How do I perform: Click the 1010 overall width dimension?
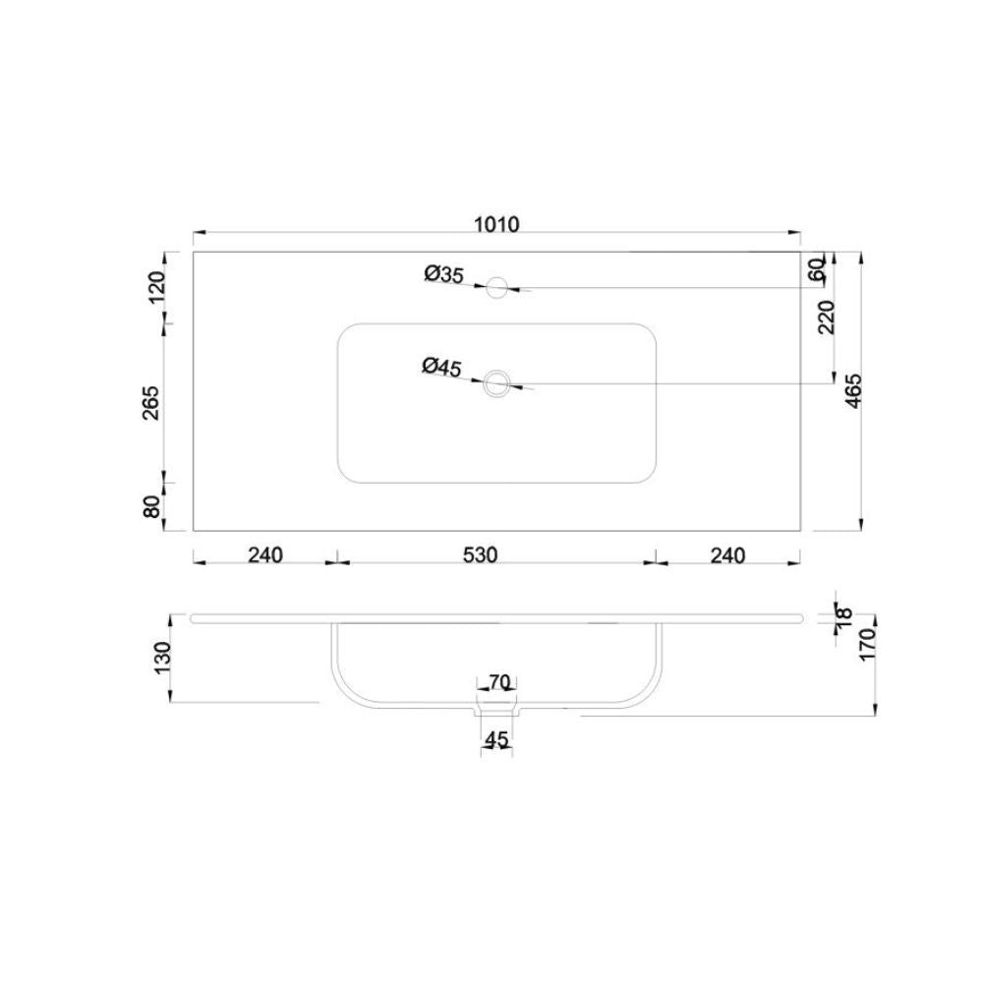click(x=497, y=224)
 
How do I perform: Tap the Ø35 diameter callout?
click(x=444, y=275)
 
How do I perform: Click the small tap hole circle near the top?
click(x=497, y=287)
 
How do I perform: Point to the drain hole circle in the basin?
click(x=497, y=382)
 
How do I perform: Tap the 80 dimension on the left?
click(x=152, y=507)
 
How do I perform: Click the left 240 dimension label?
click(x=265, y=555)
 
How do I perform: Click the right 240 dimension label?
click(x=726, y=555)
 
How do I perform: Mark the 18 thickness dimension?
click(x=842, y=618)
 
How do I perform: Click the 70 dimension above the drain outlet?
click(x=497, y=681)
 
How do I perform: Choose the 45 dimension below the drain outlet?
click(x=497, y=740)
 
